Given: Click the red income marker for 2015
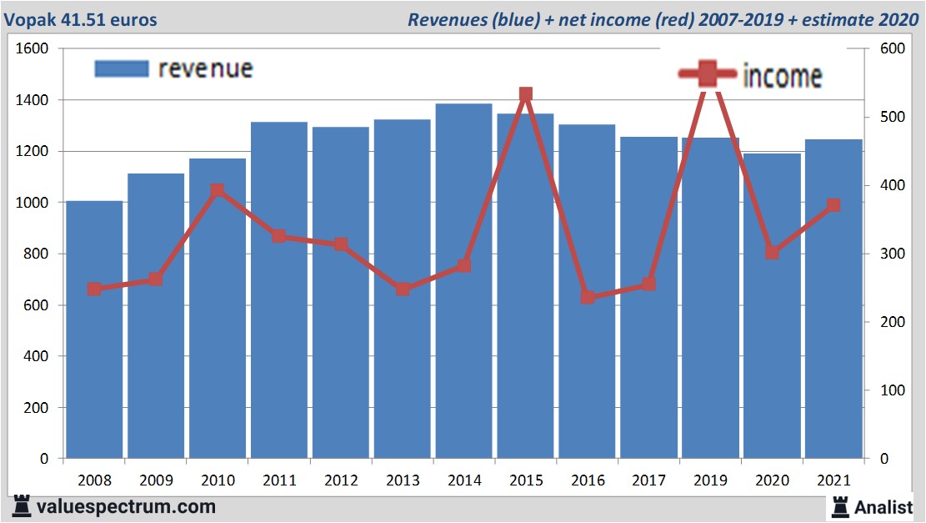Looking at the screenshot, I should [525, 95].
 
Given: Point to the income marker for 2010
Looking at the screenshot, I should [218, 191].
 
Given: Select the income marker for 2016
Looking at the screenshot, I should [588, 297].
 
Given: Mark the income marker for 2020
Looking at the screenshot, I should [773, 252].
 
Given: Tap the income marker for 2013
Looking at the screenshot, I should [403, 289].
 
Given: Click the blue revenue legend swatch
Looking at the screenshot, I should [121, 69].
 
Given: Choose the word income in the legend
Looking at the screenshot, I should [782, 76].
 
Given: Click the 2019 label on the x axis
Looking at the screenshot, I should [710, 481].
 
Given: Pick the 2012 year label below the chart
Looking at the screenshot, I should [341, 481].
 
